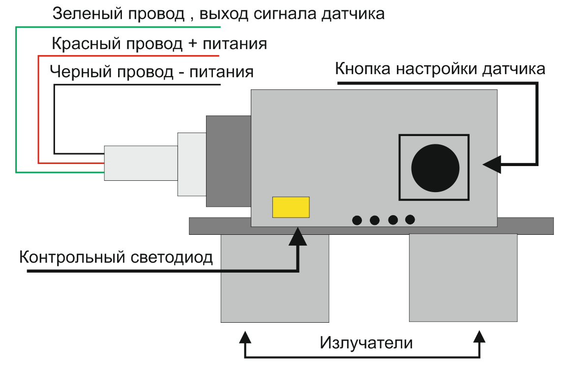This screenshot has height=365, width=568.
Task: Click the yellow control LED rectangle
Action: [291, 207]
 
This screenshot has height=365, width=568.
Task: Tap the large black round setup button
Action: [435, 168]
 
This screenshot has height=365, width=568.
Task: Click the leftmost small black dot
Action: [357, 220]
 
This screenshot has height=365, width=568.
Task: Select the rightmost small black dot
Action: [410, 220]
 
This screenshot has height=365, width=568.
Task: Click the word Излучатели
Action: [366, 342]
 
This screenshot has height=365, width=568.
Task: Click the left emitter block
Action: [274, 278]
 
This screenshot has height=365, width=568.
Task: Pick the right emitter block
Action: [463, 278]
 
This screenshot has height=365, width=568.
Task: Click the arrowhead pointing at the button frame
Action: [492, 164]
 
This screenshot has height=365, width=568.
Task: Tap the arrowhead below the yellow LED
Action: [298, 236]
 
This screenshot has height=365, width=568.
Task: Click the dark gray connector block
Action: [229, 161]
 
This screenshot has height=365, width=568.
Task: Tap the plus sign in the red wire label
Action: [192, 44]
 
